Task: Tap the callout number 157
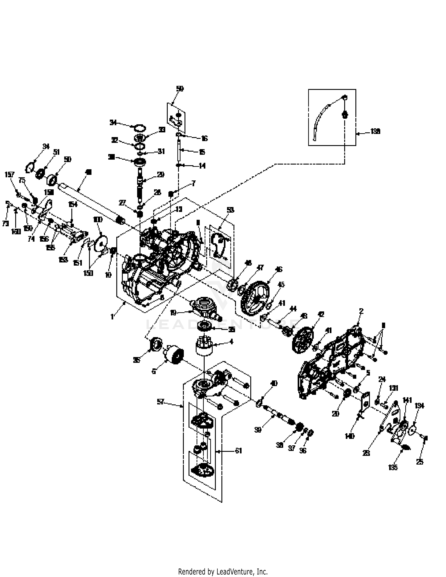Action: pyautogui.click(x=9, y=175)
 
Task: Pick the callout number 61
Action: pyautogui.click(x=239, y=451)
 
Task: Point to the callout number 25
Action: pyautogui.click(x=420, y=462)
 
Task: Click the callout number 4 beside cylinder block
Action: pyautogui.click(x=231, y=342)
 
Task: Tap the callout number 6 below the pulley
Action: pyautogui.click(x=154, y=371)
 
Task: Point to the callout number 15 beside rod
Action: pyautogui.click(x=202, y=152)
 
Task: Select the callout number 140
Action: pyautogui.click(x=350, y=436)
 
